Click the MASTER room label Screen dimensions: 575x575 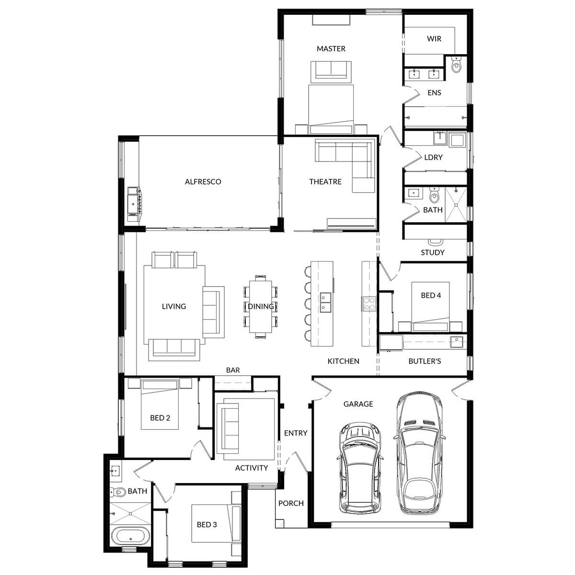point(331,48)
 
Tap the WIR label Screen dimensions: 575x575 point(434,39)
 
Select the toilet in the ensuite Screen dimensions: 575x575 point(456,66)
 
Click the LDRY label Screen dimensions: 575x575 point(433,157)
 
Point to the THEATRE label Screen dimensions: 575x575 point(325,182)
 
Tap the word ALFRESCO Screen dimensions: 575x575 point(203,182)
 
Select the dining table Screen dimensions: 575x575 point(261,307)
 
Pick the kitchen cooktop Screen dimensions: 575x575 point(369,304)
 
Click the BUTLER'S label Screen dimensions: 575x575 point(425,361)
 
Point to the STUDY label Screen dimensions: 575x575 point(432,252)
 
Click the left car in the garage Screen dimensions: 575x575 point(361,469)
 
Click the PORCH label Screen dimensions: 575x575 point(291,503)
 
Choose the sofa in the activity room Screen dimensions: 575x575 point(229,428)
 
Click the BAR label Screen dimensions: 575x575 point(233,370)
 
